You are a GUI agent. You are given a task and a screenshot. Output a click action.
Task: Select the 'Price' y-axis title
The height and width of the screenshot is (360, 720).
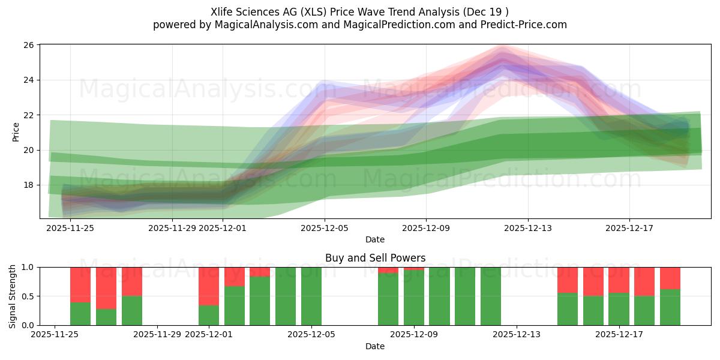pyautogui.click(x=16, y=132)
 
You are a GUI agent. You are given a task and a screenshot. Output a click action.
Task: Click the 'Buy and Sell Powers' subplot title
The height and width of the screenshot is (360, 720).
pyautogui.click(x=375, y=258)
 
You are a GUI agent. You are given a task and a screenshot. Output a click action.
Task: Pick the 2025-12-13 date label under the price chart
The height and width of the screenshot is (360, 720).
pyautogui.click(x=528, y=228)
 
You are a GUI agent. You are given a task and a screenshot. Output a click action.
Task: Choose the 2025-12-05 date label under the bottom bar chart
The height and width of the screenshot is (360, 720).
pyautogui.click(x=311, y=335)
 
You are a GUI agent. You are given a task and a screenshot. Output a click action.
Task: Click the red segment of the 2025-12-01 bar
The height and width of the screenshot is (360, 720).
pyautogui.click(x=209, y=286)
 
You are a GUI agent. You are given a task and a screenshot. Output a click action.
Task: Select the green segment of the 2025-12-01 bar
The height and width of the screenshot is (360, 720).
pyautogui.click(x=209, y=315)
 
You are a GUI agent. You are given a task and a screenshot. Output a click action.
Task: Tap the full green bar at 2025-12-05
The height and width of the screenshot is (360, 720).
pyautogui.click(x=311, y=296)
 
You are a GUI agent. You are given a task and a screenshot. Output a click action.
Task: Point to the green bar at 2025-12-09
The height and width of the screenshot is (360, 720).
pyautogui.click(x=414, y=298)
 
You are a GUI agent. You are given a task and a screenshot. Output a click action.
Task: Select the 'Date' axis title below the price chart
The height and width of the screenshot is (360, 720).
pyautogui.click(x=375, y=239)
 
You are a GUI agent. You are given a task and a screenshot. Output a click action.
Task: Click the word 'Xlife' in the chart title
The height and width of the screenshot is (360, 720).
pyautogui.click(x=223, y=12)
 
